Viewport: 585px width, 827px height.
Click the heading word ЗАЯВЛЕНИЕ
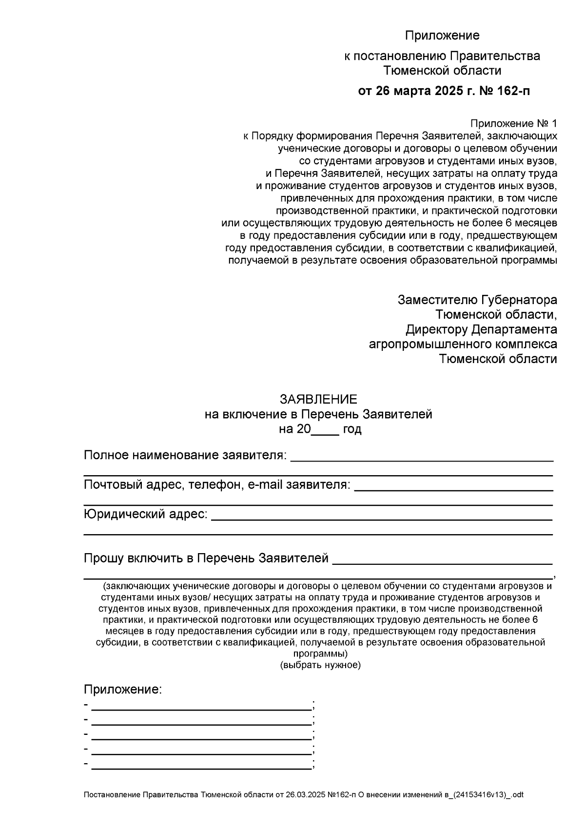[x=318, y=400]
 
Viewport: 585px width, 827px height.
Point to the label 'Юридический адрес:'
[x=146, y=514]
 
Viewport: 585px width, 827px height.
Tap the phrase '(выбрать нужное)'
[x=320, y=665]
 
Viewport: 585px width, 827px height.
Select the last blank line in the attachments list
[x=201, y=767]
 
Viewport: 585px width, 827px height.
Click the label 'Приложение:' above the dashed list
[x=122, y=690]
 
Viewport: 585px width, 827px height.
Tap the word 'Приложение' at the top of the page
[x=442, y=36]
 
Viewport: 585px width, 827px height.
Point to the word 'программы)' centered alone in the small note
[x=320, y=654]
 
